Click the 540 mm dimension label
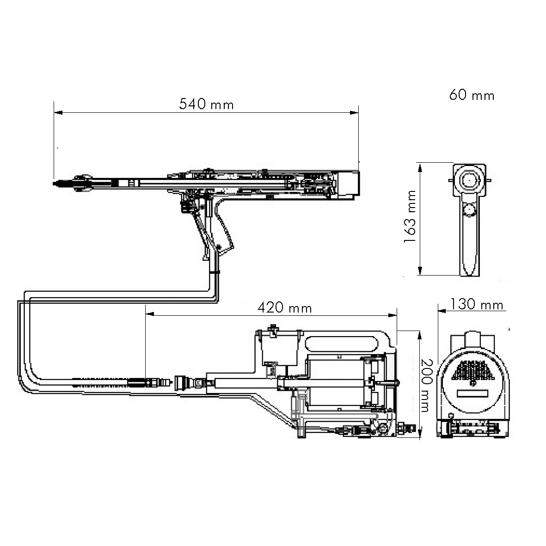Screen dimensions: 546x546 click(206, 104)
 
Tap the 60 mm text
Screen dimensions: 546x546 click(471, 96)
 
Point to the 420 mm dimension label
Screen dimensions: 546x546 click(284, 307)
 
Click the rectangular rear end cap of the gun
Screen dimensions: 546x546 click(348, 184)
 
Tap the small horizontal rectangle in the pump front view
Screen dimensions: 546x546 click(472, 393)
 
